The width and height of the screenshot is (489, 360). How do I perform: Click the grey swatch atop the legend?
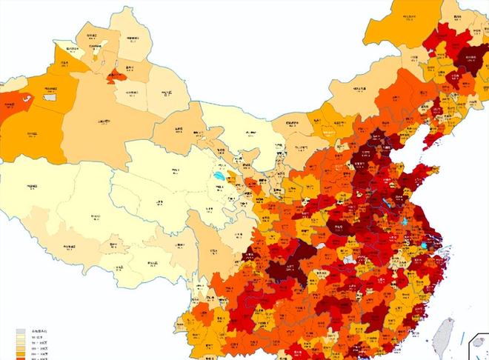point(21,332)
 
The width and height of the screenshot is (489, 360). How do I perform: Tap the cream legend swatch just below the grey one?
point(21,339)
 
